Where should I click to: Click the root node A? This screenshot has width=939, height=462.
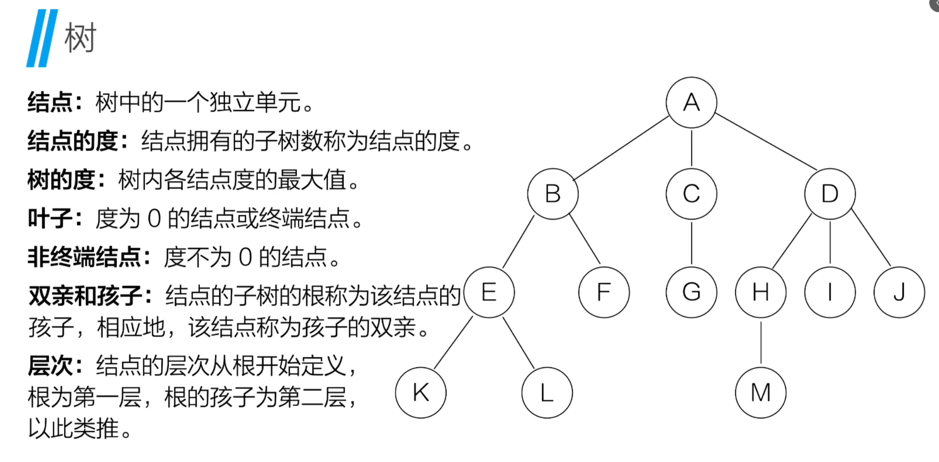691,102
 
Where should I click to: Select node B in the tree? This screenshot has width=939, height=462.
553,194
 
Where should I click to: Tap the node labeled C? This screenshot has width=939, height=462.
691,194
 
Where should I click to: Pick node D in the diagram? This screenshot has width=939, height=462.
830,194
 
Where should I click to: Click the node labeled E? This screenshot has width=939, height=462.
489,292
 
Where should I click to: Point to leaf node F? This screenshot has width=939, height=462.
604,292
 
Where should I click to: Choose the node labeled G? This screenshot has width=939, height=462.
691,292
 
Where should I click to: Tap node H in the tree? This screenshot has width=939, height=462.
760,292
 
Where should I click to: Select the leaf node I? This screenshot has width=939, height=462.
830,292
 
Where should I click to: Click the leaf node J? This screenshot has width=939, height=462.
899,292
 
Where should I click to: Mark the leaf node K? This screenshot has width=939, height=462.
420,393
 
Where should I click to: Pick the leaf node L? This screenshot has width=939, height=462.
547,393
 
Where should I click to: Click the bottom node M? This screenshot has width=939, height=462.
760,393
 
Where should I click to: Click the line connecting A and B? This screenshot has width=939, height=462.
621,148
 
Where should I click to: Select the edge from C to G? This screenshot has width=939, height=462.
692,243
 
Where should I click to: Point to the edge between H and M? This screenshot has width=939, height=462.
761,343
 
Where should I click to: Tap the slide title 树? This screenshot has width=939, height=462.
80,38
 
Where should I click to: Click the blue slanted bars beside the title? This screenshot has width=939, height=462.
42,38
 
